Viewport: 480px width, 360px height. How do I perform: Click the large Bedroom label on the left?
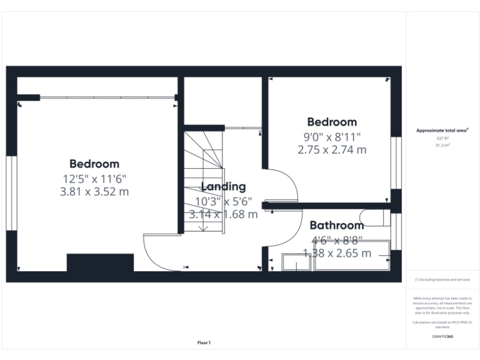pos(94,164)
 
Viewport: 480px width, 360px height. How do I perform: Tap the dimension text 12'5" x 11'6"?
pos(94,178)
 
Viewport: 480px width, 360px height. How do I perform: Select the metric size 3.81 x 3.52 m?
pos(94,192)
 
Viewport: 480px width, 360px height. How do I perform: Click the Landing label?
pos(223,186)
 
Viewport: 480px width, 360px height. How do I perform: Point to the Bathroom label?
pos(336,226)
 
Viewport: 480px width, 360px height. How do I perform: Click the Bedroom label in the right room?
pos(332,122)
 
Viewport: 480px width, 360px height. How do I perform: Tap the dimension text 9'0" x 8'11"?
pos(332,136)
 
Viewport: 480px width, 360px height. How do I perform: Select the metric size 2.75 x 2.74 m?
pos(332,150)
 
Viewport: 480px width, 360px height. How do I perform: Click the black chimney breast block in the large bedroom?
pos(100,262)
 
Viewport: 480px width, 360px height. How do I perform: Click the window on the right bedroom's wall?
pos(395,162)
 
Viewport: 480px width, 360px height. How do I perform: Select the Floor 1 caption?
pos(204,342)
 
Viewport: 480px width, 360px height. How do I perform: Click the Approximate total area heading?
pos(442,131)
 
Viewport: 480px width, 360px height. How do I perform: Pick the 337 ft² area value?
pos(442,139)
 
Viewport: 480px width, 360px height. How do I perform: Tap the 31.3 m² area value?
pos(442,145)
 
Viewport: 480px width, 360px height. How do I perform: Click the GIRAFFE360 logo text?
pos(442,337)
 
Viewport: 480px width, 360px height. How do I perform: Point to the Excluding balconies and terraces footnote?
pos(442,280)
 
